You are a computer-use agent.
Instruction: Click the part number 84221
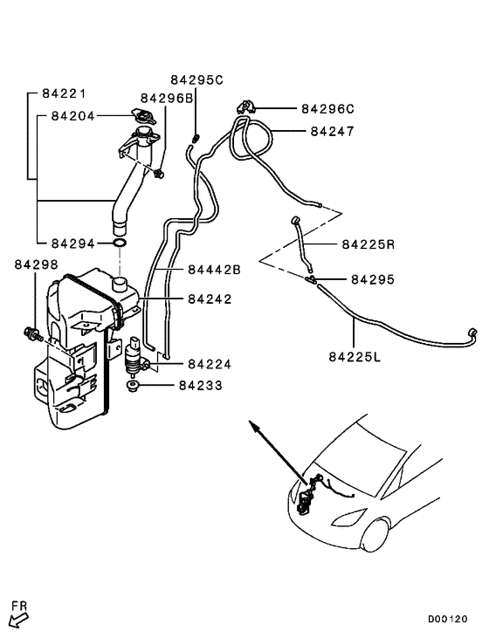point(64,94)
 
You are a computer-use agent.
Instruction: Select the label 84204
point(72,116)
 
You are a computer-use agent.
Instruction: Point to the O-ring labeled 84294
point(120,244)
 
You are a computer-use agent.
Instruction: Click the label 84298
point(36,264)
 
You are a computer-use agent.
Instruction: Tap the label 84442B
point(214,270)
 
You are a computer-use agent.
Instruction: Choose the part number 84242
point(210,299)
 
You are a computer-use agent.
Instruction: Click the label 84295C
point(196,79)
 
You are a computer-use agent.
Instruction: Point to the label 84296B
point(167,99)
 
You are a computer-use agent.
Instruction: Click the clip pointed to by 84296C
point(245,107)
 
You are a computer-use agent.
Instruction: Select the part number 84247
point(332,132)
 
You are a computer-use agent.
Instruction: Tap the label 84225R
point(368,244)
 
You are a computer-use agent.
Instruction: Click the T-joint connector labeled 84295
point(311,279)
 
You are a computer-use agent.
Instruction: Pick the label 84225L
point(355,357)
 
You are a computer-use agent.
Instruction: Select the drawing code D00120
point(447,620)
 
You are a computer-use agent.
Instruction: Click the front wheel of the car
point(375,534)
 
